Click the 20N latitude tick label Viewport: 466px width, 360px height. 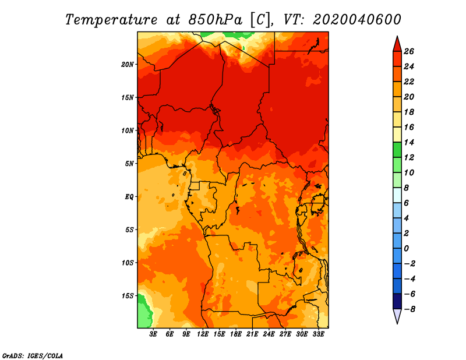[127, 65]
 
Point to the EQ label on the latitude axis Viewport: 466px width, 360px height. [129, 197]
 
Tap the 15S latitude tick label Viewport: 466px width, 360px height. [128, 296]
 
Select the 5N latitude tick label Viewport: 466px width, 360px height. [129, 164]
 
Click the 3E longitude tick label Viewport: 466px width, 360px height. [153, 334]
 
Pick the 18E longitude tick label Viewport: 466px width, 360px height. [236, 334]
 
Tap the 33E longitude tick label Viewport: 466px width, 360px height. [318, 334]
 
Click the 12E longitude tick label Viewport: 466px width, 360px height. [203, 334]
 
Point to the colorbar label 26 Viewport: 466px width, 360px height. [409, 51]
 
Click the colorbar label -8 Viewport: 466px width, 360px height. [409, 309]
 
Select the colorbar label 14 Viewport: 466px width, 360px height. [409, 142]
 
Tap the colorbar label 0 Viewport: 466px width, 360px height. [406, 249]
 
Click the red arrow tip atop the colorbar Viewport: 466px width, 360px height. [397, 37]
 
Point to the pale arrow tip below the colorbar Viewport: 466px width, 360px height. [397, 323]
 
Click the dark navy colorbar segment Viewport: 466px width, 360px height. [397, 301]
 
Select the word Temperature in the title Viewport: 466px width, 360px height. [111, 20]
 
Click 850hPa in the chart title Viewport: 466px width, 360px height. [216, 20]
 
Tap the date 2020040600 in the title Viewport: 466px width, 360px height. [357, 20]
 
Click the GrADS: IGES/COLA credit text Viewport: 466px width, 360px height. [32, 355]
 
